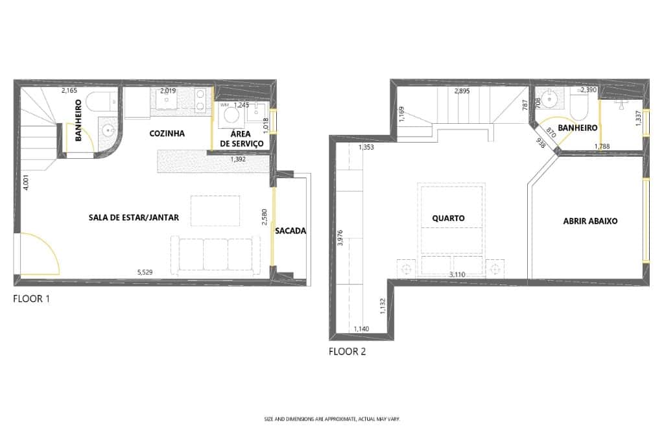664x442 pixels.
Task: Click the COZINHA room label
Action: click(x=167, y=134)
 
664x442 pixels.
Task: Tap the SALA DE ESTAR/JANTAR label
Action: click(x=134, y=218)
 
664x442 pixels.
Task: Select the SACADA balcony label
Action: click(x=290, y=231)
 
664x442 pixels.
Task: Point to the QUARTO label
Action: click(x=448, y=218)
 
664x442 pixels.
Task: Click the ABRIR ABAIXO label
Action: click(x=590, y=221)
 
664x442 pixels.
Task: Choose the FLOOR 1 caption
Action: click(x=31, y=299)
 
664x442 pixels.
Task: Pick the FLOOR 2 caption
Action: click(x=347, y=353)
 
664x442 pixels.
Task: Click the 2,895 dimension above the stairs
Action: click(x=462, y=91)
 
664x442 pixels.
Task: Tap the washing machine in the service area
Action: click(x=230, y=118)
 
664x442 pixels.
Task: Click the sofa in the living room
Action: click(x=216, y=253)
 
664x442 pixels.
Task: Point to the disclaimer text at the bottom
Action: click(x=332, y=419)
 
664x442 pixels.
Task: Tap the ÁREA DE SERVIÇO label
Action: click(x=241, y=138)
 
